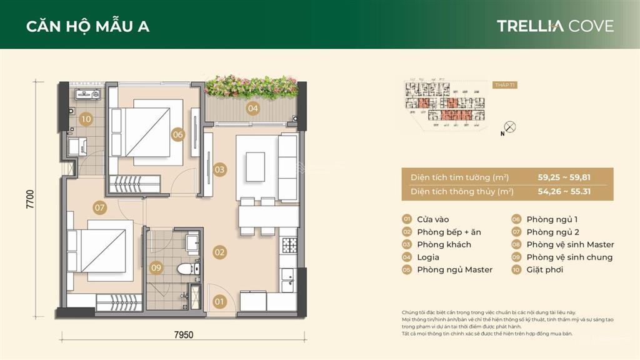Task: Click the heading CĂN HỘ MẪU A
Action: click(x=87, y=26)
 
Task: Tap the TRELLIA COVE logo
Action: click(x=555, y=26)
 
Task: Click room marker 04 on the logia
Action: click(x=252, y=108)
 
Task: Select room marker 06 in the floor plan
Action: click(x=178, y=134)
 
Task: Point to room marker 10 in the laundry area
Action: click(x=86, y=119)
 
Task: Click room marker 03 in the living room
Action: click(x=219, y=169)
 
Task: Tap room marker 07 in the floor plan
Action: click(x=99, y=207)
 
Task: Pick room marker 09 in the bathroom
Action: click(x=156, y=268)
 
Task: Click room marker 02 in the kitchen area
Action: click(x=219, y=252)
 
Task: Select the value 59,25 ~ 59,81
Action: click(x=564, y=177)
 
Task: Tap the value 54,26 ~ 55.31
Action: click(x=564, y=192)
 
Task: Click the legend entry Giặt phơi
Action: click(x=544, y=270)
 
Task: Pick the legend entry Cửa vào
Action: click(x=437, y=219)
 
